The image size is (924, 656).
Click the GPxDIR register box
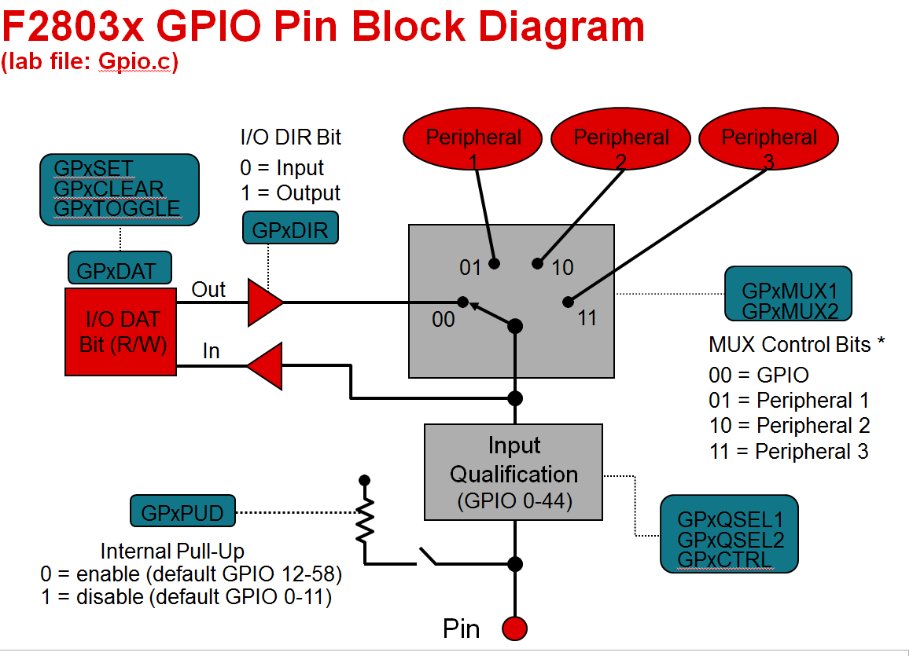(290, 229)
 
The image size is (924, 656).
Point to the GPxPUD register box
(182, 512)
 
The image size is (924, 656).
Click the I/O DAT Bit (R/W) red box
(120, 332)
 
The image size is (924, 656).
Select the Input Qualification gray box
(514, 472)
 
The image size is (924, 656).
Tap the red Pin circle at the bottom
(514, 629)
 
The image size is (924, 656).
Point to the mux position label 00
(444, 320)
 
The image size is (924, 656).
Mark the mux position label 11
(587, 318)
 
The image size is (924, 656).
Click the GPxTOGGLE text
(116, 209)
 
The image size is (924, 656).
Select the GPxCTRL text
(724, 560)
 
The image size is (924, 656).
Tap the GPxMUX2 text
(788, 310)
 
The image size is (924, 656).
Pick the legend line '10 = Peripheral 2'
(789, 426)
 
